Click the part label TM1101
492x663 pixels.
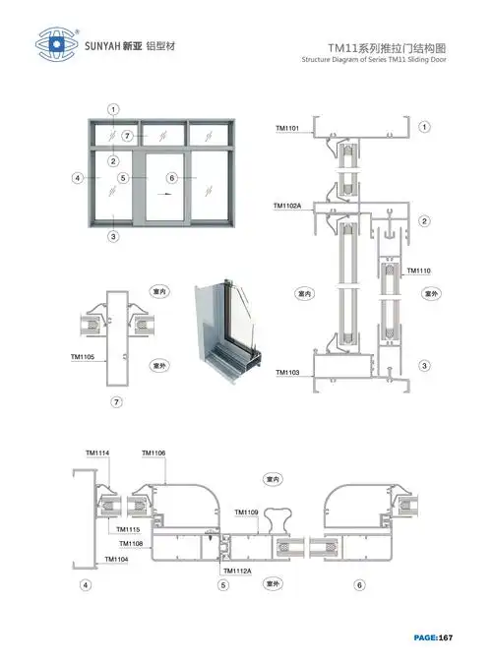point(287,128)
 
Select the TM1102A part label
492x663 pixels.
point(288,206)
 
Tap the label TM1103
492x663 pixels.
point(287,372)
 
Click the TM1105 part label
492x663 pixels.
point(83,357)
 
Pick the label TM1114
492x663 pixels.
point(97,452)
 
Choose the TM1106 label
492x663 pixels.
point(154,452)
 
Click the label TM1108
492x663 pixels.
point(131,544)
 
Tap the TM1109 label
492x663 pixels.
point(246,512)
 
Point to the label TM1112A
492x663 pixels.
point(237,571)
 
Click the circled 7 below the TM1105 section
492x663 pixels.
point(116,402)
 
